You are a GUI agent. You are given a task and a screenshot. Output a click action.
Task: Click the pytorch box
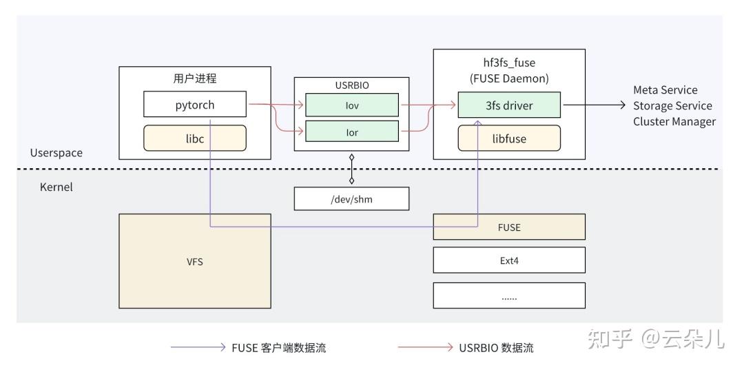click(194, 105)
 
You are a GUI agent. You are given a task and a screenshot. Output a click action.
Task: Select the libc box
click(194, 138)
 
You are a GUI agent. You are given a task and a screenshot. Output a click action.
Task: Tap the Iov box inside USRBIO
click(352, 105)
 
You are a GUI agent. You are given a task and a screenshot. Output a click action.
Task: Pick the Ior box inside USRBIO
click(352, 132)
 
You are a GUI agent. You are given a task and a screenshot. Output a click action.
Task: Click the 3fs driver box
click(509, 105)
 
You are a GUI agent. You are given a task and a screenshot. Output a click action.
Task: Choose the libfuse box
click(509, 138)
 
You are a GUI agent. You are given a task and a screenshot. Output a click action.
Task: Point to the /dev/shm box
click(351, 198)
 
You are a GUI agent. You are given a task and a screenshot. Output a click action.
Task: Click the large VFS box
click(195, 261)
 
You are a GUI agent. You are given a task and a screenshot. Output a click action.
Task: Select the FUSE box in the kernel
click(509, 227)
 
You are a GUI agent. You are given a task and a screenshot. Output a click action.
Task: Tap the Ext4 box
click(509, 260)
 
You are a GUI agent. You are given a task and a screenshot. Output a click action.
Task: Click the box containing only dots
click(509, 296)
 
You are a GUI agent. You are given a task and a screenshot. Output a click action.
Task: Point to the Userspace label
click(56, 153)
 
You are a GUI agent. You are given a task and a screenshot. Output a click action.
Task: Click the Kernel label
click(56, 187)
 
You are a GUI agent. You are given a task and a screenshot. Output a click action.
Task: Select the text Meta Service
click(665, 90)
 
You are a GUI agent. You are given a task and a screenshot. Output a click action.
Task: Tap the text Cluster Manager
click(674, 121)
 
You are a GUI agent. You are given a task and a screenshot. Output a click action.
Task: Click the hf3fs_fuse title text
click(509, 63)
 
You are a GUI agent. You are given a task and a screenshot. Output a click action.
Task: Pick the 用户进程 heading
click(195, 79)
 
